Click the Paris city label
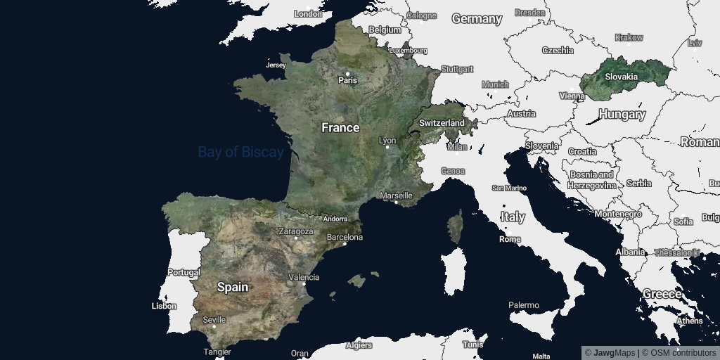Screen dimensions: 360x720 click(348, 80)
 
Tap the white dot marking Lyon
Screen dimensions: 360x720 click(387, 148)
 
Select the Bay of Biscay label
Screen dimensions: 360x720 click(240, 152)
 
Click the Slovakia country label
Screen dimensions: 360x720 click(622, 77)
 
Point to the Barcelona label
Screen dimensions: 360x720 click(345, 238)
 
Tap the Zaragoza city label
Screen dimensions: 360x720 click(296, 231)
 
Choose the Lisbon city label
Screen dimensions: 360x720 click(164, 306)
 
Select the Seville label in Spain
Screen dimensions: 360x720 click(214, 320)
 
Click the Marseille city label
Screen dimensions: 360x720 click(396, 195)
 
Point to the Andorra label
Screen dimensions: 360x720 click(335, 219)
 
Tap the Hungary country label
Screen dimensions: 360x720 click(622, 114)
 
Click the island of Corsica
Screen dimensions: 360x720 click(456, 227)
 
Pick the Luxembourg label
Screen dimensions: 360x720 click(409, 51)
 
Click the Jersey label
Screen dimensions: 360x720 click(276, 65)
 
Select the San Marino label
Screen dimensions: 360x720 click(509, 188)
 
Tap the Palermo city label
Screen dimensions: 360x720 click(524, 305)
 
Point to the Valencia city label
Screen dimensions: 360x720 click(304, 278)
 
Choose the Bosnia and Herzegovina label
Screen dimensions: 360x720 click(591, 179)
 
